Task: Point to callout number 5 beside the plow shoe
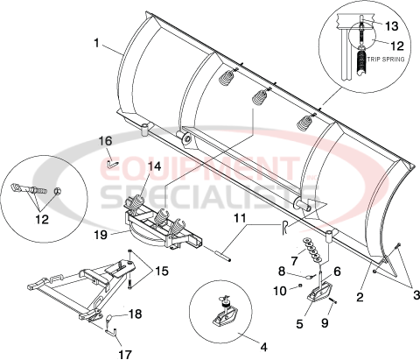click(x=301, y=324)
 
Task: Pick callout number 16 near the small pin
click(x=105, y=140)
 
